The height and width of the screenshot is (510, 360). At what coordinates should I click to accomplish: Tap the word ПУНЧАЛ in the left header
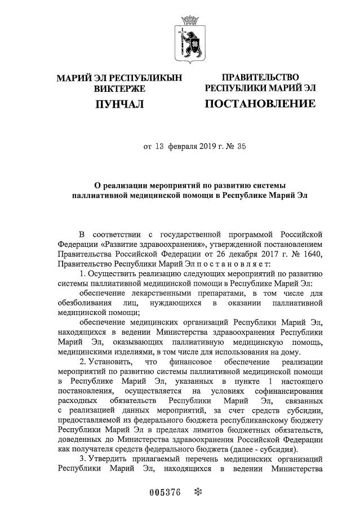(x=119, y=104)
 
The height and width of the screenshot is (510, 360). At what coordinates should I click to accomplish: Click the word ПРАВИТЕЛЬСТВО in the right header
(x=260, y=77)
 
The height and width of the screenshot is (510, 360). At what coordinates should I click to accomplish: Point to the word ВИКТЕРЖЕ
(x=119, y=88)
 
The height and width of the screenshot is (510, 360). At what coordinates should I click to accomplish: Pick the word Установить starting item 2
(x=114, y=362)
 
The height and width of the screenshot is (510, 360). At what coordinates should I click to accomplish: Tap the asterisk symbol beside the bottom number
(x=197, y=491)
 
